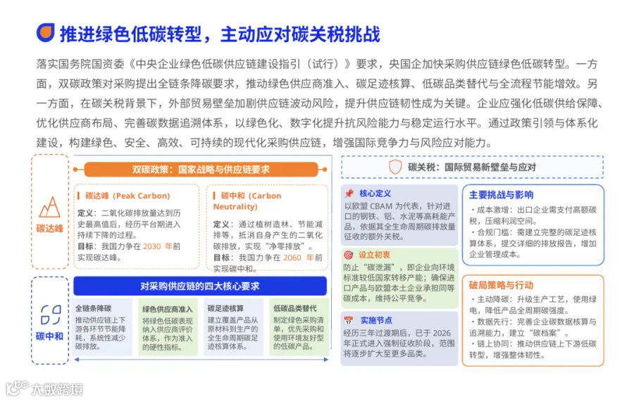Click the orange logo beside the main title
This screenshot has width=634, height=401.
pyautogui.click(x=45, y=32)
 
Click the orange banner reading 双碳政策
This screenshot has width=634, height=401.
pyautogui.click(x=201, y=170)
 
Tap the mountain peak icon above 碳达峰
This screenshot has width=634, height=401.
pyautogui.click(x=50, y=207)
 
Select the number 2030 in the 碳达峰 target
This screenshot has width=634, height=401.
pyautogui.click(x=152, y=246)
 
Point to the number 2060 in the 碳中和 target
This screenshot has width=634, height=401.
pyautogui.click(x=292, y=257)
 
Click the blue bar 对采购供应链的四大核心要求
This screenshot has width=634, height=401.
pyautogui.click(x=200, y=286)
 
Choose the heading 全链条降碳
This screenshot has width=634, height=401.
pyautogui.click(x=94, y=309)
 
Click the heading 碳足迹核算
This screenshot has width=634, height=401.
pyautogui.click(x=225, y=309)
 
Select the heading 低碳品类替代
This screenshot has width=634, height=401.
pyautogui.click(x=295, y=309)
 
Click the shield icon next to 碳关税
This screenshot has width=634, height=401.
pyautogui.click(x=395, y=167)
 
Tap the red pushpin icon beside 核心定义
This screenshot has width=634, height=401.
pyautogui.click(x=349, y=193)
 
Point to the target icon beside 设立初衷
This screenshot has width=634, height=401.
pyautogui.click(x=348, y=255)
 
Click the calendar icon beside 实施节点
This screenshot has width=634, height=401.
pyautogui.click(x=348, y=320)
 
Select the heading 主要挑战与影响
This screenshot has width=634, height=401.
pyautogui.click(x=501, y=195)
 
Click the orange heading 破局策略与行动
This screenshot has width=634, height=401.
pyautogui.click(x=501, y=285)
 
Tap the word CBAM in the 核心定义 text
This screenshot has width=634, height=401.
pyautogui.click(x=381, y=206)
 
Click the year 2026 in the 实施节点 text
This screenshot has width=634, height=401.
pyautogui.click(x=442, y=333)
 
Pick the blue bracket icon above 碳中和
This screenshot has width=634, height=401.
pyautogui.click(x=51, y=315)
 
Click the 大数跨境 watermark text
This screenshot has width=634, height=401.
pyautogui.click(x=57, y=389)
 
